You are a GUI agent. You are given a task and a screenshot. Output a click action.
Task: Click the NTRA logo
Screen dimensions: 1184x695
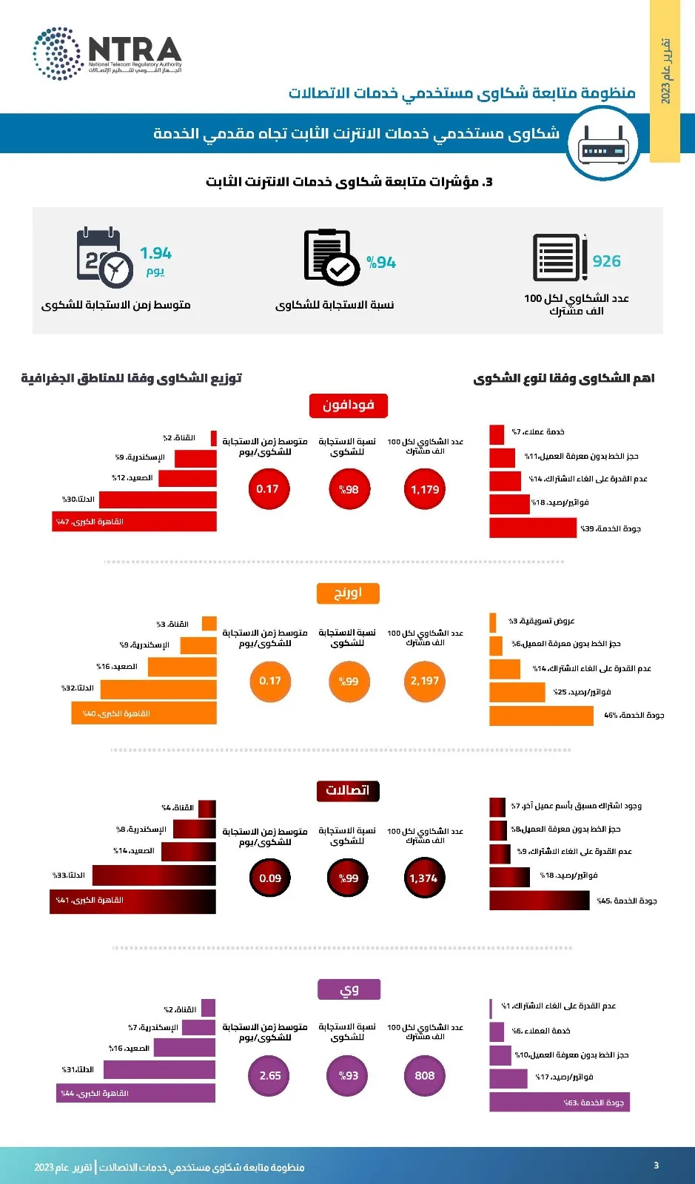tap(107, 53)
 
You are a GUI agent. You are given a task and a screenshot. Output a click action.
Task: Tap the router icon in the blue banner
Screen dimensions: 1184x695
tap(604, 144)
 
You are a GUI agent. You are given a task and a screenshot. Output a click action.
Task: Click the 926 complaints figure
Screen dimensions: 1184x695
tap(606, 261)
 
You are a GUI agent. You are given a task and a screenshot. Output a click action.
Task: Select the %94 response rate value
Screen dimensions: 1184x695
tap(381, 263)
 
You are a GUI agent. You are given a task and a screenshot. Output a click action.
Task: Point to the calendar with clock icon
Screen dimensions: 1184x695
tap(104, 257)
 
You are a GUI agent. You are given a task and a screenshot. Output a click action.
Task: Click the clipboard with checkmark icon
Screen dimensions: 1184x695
tap(331, 257)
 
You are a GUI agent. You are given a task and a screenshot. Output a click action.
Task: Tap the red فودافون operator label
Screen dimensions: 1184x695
tap(348, 406)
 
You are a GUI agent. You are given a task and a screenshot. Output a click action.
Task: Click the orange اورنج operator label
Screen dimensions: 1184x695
tap(348, 593)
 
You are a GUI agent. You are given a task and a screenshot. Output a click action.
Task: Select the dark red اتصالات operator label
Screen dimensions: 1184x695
tap(348, 790)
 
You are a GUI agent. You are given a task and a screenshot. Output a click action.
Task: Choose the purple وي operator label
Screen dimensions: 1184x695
tap(349, 989)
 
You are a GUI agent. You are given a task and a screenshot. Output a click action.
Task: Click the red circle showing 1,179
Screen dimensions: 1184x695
tap(425, 489)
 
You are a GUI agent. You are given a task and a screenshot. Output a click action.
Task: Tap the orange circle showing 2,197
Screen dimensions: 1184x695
tap(425, 681)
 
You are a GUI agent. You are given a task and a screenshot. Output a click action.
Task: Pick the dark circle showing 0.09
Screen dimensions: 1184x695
tap(270, 878)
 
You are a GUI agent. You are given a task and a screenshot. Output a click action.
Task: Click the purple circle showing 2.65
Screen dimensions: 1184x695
tap(270, 1076)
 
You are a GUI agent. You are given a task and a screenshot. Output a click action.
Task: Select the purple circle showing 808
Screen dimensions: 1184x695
tap(425, 1076)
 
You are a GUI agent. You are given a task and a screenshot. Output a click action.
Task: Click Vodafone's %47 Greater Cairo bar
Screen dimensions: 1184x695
tap(135, 522)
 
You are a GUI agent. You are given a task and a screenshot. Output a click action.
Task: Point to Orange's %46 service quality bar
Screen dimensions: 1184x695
tap(541, 716)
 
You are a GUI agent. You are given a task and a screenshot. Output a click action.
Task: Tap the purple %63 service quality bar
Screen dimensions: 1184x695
tap(559, 1103)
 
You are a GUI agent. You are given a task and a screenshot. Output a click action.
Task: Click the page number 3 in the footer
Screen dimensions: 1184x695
tap(656, 1165)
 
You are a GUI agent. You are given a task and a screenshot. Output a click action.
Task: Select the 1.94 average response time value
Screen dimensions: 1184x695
tap(155, 254)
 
